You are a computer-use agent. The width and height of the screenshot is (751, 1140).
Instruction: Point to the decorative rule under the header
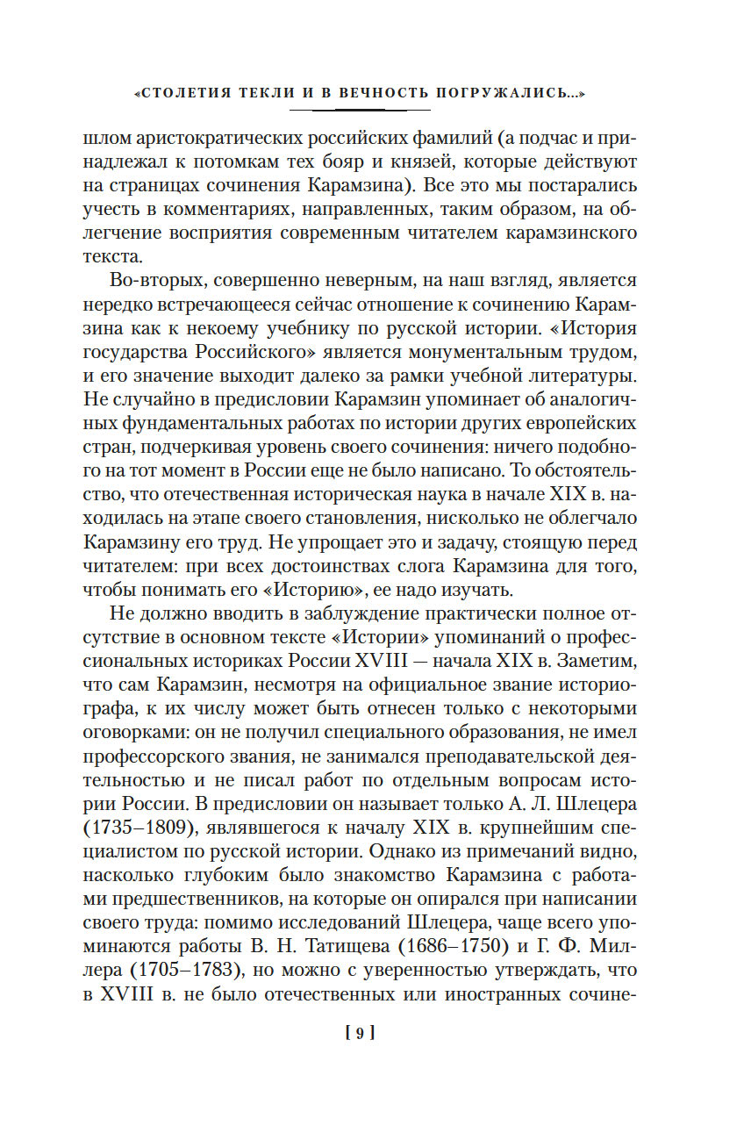(360, 110)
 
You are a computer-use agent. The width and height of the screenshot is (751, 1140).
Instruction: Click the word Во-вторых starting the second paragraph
(157, 281)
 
